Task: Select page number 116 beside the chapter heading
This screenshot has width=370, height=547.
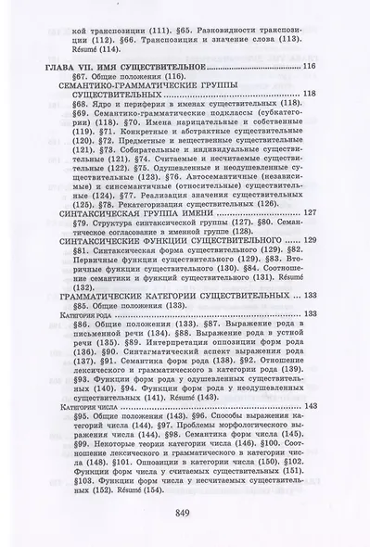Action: point(309,68)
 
